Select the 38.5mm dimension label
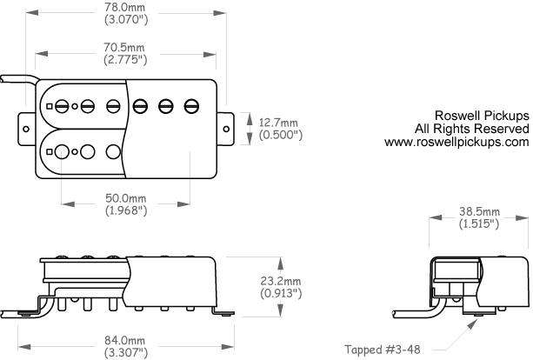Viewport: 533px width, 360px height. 479,212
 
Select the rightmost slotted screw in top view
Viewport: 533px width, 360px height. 190,106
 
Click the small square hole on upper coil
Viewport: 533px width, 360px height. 50,106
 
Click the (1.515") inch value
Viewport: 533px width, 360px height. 479,224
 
